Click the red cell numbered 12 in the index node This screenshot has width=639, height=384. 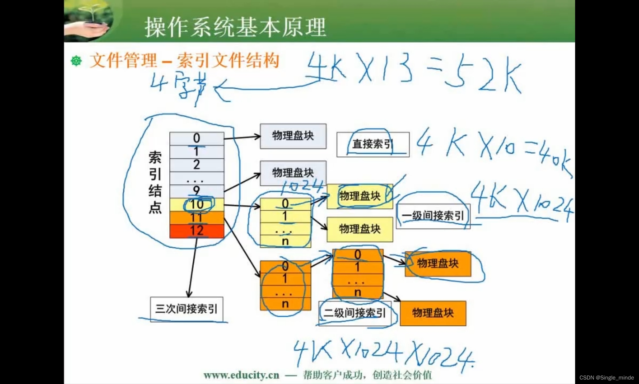pos(196,231)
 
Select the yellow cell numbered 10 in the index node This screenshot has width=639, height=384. pos(196,204)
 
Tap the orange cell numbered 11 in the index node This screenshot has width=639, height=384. pos(196,218)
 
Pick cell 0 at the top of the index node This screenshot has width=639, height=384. pos(196,138)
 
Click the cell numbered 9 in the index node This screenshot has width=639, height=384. pos(196,191)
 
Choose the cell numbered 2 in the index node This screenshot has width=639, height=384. pos(196,165)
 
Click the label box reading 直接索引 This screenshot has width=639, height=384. pos(373,144)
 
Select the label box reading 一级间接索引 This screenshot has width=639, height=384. pos(433,216)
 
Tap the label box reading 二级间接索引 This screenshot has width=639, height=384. pos(355,313)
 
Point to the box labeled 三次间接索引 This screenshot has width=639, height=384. pos(187,309)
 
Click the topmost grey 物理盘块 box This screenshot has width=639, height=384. pos(293,136)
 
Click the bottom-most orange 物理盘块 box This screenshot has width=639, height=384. pos(433,313)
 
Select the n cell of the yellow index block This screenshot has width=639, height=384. pos(285,241)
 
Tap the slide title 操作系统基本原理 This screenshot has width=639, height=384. pos(235,27)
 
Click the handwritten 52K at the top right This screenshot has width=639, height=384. pos(482,75)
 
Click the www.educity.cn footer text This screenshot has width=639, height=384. pos(241,375)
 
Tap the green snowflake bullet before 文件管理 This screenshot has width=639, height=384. pos(76,61)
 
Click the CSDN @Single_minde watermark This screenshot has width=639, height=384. pos(606,378)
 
